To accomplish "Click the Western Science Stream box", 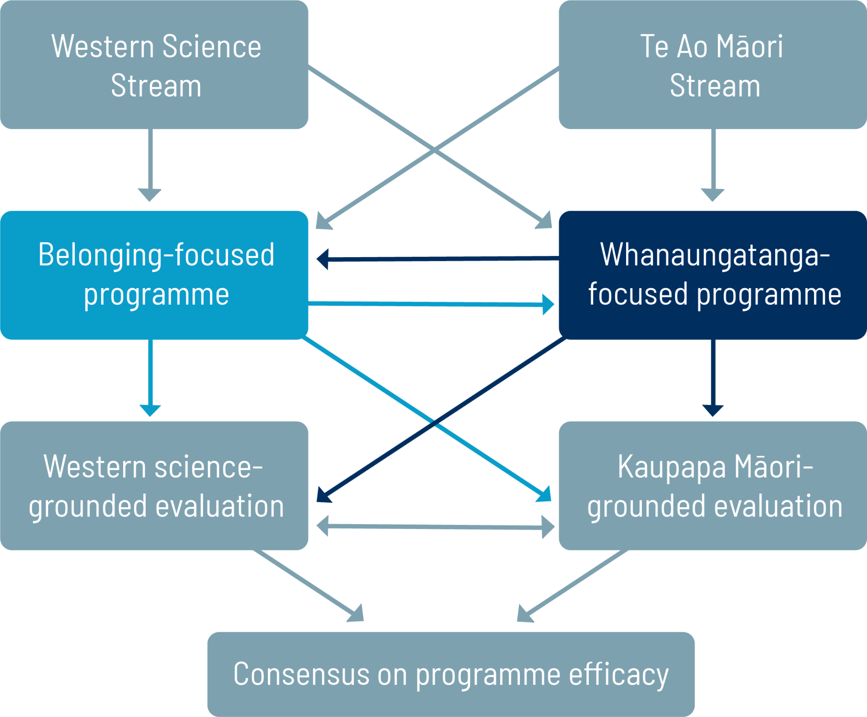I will coord(154,65).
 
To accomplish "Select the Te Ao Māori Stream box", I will coord(712,65).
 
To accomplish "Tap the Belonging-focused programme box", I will coord(154,275).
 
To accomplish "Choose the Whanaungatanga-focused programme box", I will coord(712,275).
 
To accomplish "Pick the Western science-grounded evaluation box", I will coord(154,486).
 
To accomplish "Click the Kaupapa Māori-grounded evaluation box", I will coord(712,486).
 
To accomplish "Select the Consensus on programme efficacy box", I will coord(451,673).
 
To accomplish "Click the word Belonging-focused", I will coord(156,255).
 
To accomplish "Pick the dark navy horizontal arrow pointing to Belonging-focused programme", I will coord(436,258).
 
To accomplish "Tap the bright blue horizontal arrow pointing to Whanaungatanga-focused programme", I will coord(432,304).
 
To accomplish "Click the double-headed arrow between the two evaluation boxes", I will coord(435,527).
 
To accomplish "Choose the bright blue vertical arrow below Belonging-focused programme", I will coord(150,376).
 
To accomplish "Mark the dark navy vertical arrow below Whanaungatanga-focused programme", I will coord(713,376).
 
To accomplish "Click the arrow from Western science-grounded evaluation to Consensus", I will coord(309,586).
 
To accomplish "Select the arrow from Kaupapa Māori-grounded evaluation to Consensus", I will coord(572,586).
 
